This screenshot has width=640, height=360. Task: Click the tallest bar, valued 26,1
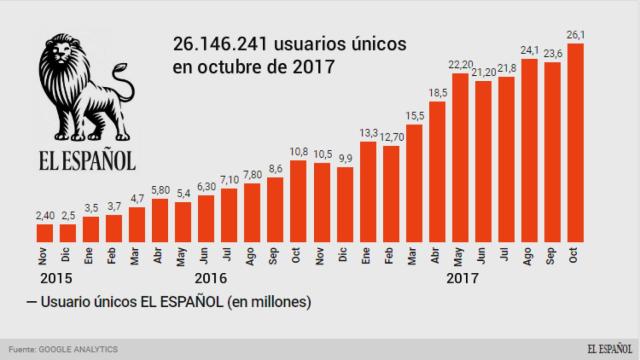tap(576, 142)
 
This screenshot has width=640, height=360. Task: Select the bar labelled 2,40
tap(44, 232)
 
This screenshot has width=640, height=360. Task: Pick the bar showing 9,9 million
tap(345, 204)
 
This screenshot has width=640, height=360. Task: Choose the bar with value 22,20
tap(461, 157)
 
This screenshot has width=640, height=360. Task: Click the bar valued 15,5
tap(415, 183)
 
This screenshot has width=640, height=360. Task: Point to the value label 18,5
tap(438, 92)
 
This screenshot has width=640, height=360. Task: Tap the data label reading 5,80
tap(160, 190)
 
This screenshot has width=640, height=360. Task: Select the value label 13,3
tap(368, 132)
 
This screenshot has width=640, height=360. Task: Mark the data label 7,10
tap(229, 179)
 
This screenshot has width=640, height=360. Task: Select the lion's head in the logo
tap(68, 62)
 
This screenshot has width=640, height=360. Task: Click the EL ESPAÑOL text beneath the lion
tap(86, 160)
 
